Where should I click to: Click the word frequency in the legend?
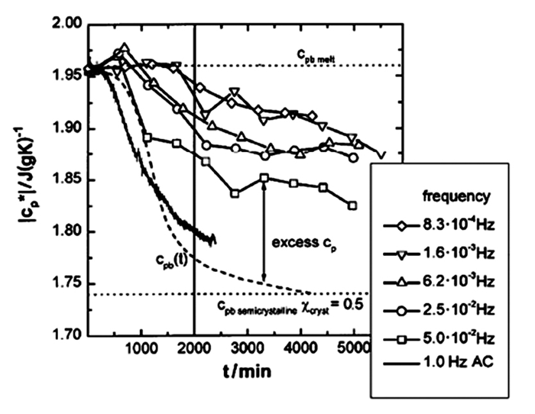click(x=456, y=196)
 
